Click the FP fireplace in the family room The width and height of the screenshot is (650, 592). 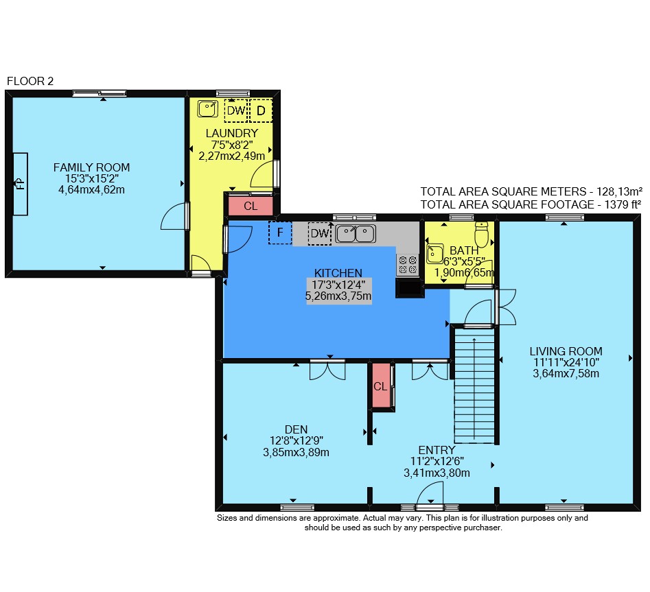tap(21, 184)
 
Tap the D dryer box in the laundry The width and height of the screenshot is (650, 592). tap(261, 110)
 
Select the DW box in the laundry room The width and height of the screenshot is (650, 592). tap(236, 110)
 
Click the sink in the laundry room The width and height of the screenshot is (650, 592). tap(208, 108)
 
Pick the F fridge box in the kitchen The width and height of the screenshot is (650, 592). tap(280, 233)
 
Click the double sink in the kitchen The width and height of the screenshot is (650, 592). tap(356, 234)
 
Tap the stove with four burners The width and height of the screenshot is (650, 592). tap(408, 265)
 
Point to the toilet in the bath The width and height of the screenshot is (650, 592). tap(481, 235)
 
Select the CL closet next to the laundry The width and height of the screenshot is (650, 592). tap(251, 206)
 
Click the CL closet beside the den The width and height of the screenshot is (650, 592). tap(380, 386)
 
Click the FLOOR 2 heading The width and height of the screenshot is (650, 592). tap(30, 81)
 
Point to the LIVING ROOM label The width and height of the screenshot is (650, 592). tap(566, 351)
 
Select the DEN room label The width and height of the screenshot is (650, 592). tap(297, 429)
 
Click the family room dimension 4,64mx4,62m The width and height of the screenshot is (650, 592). tap(91, 190)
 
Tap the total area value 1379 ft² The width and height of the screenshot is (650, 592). tap(623, 204)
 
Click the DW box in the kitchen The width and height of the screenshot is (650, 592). tap(320, 234)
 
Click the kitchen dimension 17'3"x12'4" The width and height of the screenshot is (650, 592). tap(338, 285)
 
